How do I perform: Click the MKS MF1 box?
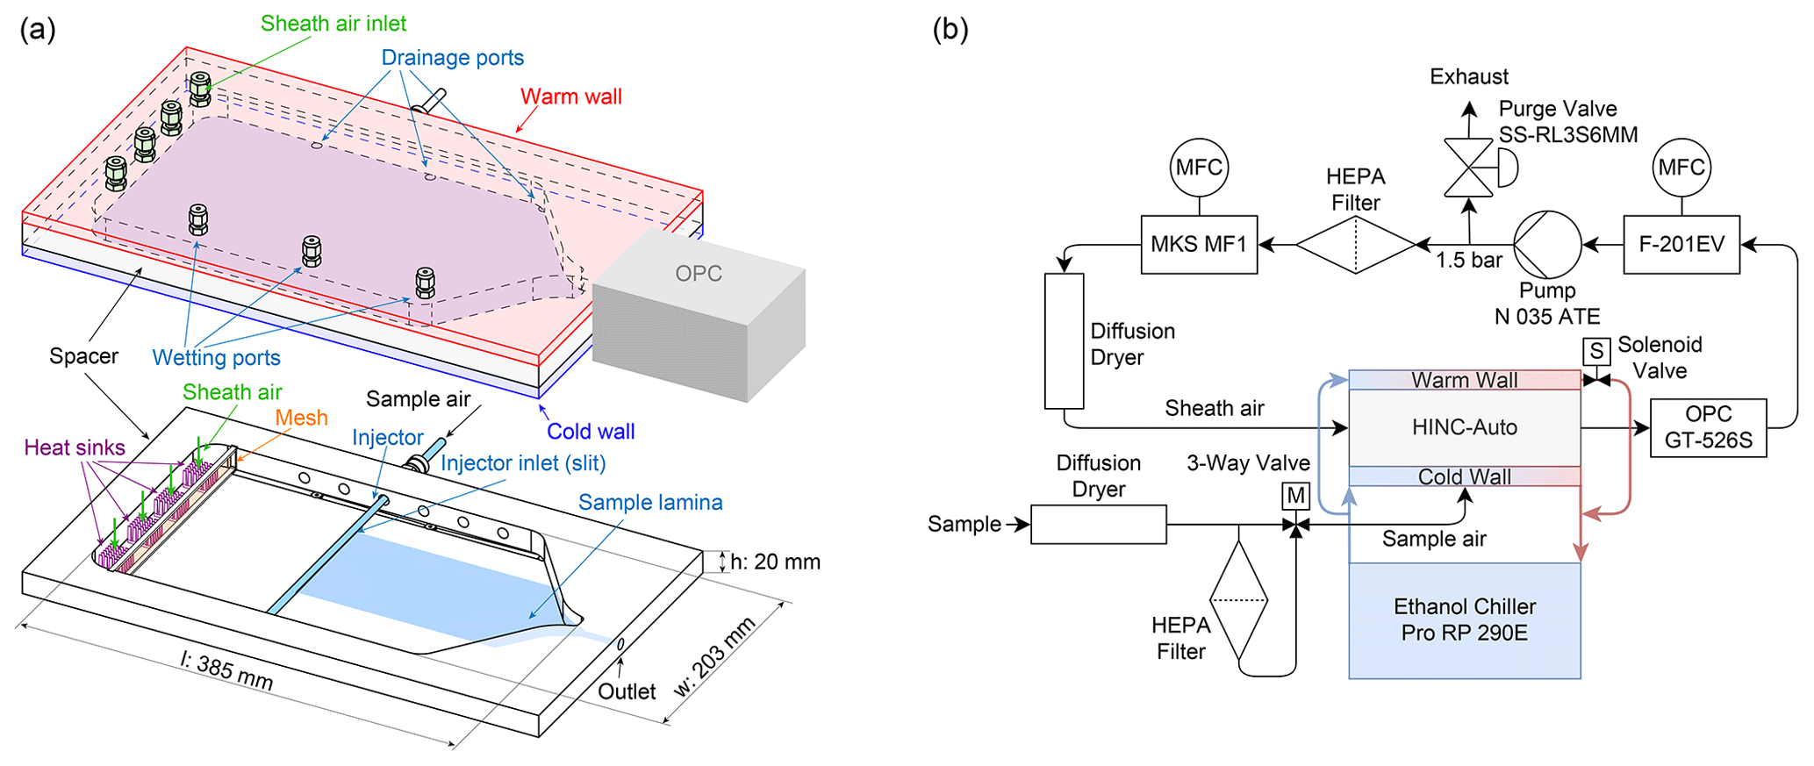pos(1198,245)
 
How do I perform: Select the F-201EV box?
pos(1681,245)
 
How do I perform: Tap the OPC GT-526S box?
pos(1708,427)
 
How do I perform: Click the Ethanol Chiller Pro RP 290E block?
pos(1464,619)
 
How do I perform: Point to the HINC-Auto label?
pos(1464,427)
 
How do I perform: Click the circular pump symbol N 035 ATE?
pos(1547,245)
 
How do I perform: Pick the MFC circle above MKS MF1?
pos(1199,168)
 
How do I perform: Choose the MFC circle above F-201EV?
pos(1681,168)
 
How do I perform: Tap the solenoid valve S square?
pos(1596,352)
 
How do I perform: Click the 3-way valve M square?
pos(1295,497)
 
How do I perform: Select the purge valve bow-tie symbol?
pos(1468,168)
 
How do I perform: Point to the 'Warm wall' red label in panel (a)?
pos(570,97)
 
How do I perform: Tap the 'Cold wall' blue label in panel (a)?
pos(591,432)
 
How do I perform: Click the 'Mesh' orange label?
pos(301,418)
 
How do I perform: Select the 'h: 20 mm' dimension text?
pos(775,562)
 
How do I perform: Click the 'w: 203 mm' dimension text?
pos(714,657)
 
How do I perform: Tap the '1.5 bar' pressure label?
pos(1468,261)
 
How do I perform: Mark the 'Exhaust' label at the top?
pos(1468,77)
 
